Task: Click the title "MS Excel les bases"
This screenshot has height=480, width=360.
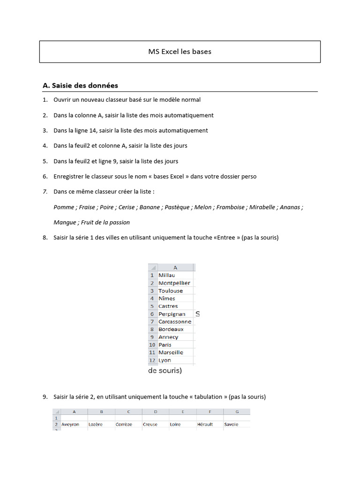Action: point(180,52)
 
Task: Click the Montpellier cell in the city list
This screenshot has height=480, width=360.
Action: point(174,283)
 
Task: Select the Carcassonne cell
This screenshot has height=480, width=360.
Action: point(175,322)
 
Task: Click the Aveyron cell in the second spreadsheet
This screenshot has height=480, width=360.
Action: point(70,424)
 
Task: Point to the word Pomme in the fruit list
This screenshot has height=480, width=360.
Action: point(64,207)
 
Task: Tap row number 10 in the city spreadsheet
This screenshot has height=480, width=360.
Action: point(152,345)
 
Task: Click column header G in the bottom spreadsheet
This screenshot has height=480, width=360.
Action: point(237,412)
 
